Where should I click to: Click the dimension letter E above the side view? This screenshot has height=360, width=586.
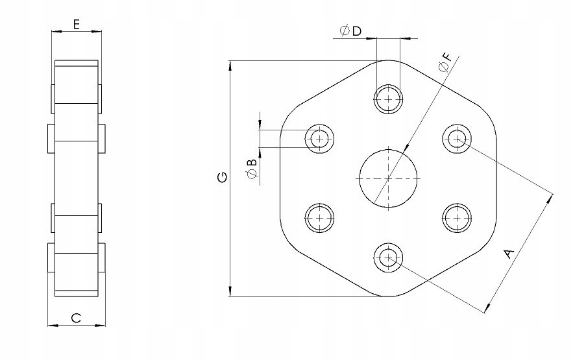76,25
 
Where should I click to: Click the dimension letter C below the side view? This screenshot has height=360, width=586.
76,318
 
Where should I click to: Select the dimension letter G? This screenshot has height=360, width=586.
222,177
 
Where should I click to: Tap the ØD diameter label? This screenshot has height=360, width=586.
350,30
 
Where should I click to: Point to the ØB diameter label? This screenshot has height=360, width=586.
252,169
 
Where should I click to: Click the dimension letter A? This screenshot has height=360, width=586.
509,254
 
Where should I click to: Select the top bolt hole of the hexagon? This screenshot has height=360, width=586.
388,99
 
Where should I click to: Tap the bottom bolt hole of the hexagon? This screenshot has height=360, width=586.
388,258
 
